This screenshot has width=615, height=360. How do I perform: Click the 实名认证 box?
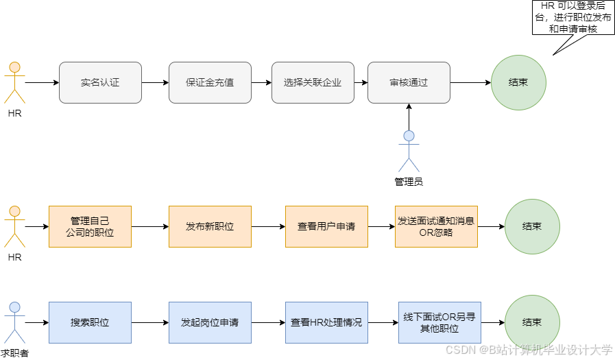(x=100, y=82)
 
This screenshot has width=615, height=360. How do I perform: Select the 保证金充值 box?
(x=210, y=82)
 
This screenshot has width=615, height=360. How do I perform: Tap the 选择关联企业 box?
(x=313, y=82)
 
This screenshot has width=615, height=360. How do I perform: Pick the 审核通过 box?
(x=409, y=82)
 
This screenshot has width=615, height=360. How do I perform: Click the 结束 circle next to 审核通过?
(x=518, y=82)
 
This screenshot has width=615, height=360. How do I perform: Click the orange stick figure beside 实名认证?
(x=14, y=82)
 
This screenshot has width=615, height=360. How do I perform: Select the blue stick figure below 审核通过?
(x=409, y=150)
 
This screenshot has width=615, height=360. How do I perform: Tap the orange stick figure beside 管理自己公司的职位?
(x=14, y=226)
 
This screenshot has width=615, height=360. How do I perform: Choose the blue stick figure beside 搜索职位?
(x=14, y=322)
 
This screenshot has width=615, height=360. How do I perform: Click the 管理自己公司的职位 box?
(x=90, y=226)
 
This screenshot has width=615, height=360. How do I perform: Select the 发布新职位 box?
(x=210, y=226)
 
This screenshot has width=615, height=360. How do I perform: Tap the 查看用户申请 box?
(x=326, y=226)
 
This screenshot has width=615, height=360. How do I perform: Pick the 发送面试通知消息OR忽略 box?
(x=436, y=226)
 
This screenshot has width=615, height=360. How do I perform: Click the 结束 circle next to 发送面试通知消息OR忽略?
(x=532, y=226)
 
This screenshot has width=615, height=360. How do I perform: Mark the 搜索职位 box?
(x=90, y=322)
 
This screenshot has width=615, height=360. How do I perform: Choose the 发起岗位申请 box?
(x=210, y=322)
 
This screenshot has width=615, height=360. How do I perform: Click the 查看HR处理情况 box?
(x=326, y=322)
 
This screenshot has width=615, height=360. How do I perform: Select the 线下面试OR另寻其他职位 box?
(x=439, y=322)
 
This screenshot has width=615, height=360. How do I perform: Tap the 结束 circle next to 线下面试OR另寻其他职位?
(x=532, y=322)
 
